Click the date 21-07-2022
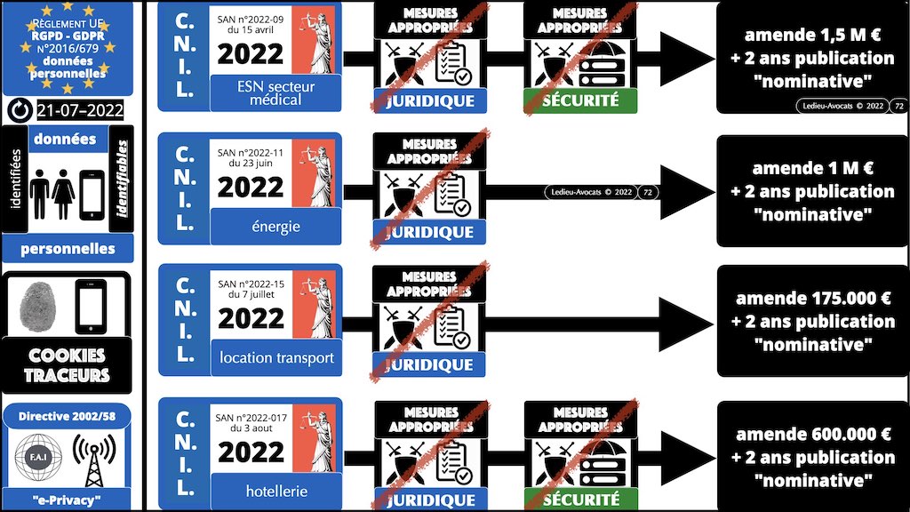coord(79,110)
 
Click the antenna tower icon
coord(94,458)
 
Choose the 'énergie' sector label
coord(275,227)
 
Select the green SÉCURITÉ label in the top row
coord(581,100)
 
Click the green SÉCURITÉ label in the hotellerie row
coord(581,499)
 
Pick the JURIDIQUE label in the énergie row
coord(430,233)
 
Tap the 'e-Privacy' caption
coord(68,500)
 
